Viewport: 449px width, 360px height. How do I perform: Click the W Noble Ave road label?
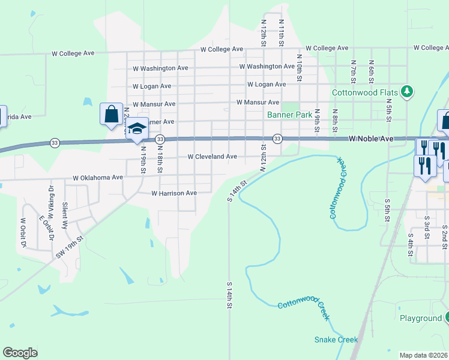coord(371,139)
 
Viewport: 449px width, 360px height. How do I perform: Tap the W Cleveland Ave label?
coord(212,157)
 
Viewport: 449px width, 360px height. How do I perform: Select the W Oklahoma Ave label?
coord(98,178)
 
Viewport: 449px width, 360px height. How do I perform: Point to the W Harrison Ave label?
coord(174,193)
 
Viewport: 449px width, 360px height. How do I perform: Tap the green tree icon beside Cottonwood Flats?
coord(408,91)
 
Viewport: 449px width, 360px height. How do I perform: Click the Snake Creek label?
coord(336,340)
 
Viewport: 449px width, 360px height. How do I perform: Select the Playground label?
coord(420,318)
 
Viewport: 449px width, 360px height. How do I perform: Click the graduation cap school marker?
coord(137,128)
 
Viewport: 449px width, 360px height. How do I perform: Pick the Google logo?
coord(20,353)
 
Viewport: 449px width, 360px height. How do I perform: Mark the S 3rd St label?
coord(427,227)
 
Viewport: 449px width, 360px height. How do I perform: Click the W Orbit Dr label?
coord(25,233)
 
